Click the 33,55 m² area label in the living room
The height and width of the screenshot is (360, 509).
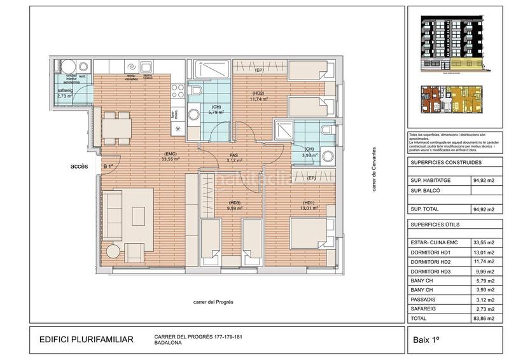(x=171, y=160)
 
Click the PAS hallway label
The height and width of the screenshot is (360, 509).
(x=234, y=155)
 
